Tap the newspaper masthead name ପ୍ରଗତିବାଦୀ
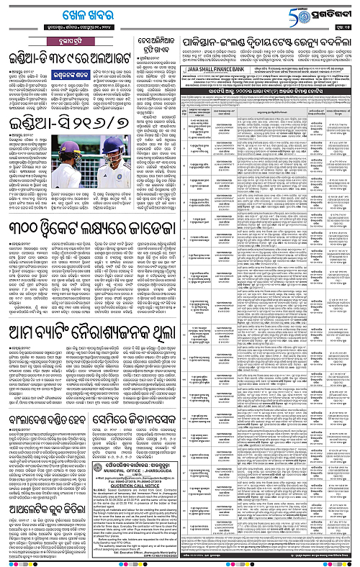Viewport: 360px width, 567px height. (333, 13)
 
